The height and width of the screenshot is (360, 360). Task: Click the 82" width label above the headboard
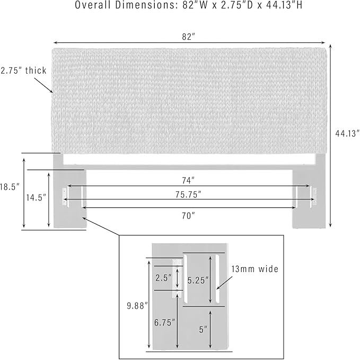[x=188, y=37]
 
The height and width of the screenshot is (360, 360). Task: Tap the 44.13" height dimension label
[x=347, y=134]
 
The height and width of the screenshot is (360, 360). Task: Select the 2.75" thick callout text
[x=23, y=71]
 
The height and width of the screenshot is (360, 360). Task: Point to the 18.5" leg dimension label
[x=10, y=187]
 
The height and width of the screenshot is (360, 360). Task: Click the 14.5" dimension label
[x=36, y=197]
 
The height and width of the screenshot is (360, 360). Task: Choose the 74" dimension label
[x=188, y=180]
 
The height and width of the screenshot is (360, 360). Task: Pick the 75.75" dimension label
[x=188, y=195]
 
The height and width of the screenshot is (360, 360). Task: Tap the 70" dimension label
[x=188, y=216]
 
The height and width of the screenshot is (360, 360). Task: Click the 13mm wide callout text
[x=255, y=269]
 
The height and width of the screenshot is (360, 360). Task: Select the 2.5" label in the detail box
[x=164, y=278]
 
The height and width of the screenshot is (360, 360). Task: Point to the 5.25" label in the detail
[x=198, y=280]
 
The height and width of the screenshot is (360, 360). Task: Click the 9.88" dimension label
[x=137, y=305]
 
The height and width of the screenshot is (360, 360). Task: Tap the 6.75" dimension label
[x=164, y=323]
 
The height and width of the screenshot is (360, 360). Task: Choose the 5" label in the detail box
[x=203, y=330]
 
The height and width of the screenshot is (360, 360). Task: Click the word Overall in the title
[x=93, y=5]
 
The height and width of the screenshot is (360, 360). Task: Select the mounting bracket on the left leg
[x=65, y=197]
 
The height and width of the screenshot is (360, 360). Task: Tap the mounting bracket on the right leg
[x=314, y=196]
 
